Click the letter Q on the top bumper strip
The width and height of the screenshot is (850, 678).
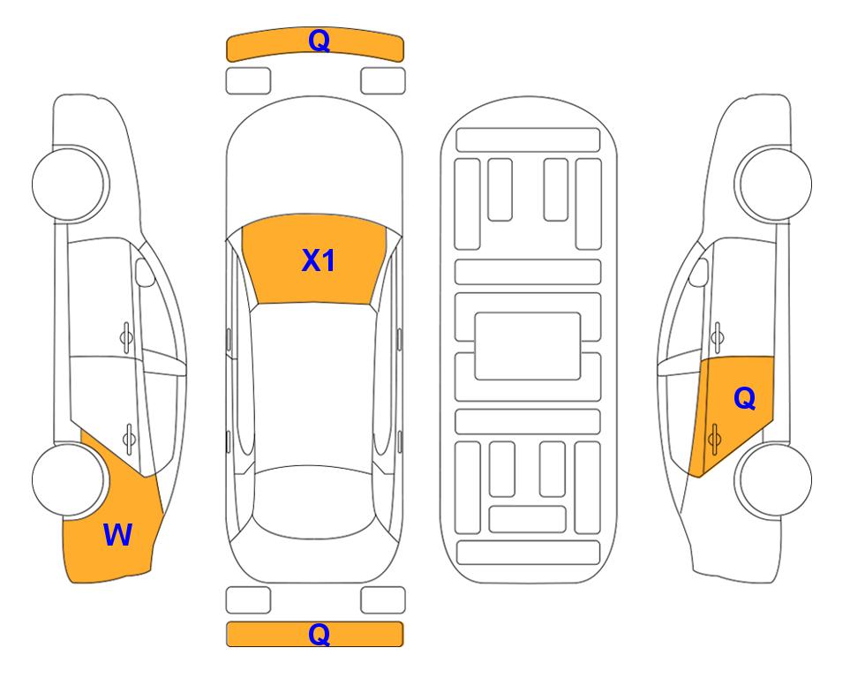(x=319, y=41)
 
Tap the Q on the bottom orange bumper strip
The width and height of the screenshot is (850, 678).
(x=319, y=634)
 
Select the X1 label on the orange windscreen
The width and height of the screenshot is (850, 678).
(x=319, y=260)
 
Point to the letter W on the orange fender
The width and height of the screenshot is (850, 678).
(x=117, y=534)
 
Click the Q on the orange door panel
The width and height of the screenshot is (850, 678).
(x=744, y=399)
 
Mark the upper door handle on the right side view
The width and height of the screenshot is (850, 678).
(x=717, y=335)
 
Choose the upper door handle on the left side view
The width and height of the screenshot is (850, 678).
(x=126, y=335)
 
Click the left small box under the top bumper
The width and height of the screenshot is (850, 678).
(x=248, y=80)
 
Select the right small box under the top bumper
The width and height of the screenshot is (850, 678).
(x=383, y=80)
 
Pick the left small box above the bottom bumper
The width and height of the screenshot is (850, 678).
(x=248, y=600)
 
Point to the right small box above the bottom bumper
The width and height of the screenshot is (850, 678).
(x=383, y=600)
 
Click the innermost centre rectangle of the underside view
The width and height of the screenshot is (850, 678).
(x=528, y=345)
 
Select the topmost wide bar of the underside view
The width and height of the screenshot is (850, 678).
(x=528, y=139)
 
